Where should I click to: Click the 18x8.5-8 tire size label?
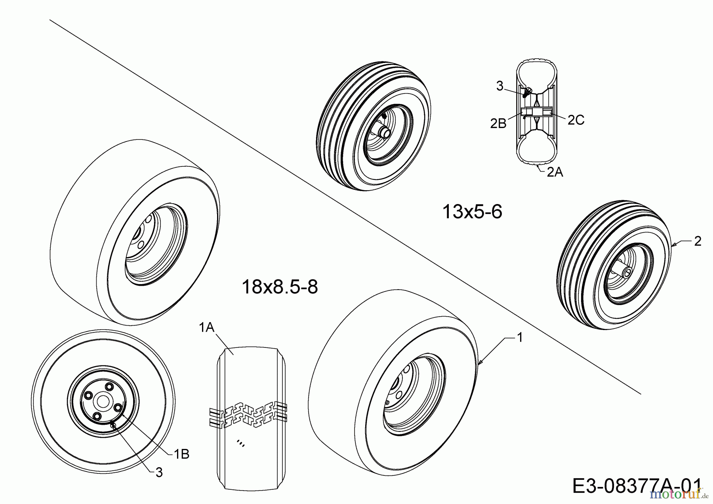coord(280,287)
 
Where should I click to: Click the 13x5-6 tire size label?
coord(472,212)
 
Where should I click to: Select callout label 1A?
coord(206,327)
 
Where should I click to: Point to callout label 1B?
coord(181,454)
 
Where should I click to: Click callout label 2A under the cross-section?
coord(555,172)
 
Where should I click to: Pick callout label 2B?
coord(498,124)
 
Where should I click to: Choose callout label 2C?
coord(576,120)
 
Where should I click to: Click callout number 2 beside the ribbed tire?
coord(698,241)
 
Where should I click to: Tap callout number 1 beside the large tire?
coord(520,338)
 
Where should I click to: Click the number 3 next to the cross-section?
coord(499,86)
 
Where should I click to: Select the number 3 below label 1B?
coord(159,472)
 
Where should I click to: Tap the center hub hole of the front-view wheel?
coord(103,401)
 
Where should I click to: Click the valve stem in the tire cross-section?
coord(527,92)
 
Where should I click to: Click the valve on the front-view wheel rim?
coord(114,426)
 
